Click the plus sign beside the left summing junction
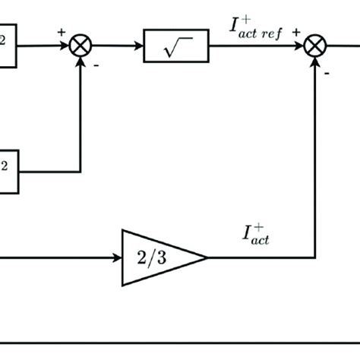[61, 33]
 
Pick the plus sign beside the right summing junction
[295, 33]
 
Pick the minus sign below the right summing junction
[327, 73]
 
